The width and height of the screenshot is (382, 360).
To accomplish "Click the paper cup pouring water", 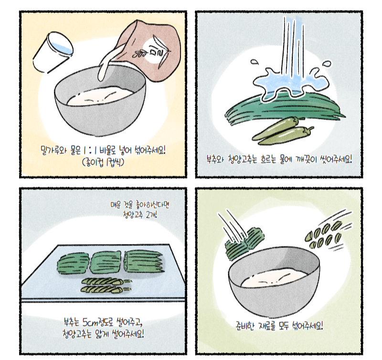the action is coord(53,52).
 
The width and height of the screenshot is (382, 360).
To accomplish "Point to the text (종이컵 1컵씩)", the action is coord(103,162).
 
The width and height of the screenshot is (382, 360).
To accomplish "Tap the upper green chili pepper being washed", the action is coord(276,128).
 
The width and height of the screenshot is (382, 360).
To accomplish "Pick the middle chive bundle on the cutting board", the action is coord(106,262).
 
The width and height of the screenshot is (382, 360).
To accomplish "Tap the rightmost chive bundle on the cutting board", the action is coord(143,262).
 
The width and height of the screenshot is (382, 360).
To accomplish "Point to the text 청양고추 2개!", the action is coord(140,215).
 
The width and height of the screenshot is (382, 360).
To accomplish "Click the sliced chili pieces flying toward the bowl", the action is coord(324,234).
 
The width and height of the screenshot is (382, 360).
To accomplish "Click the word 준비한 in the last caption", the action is coord(245,326).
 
